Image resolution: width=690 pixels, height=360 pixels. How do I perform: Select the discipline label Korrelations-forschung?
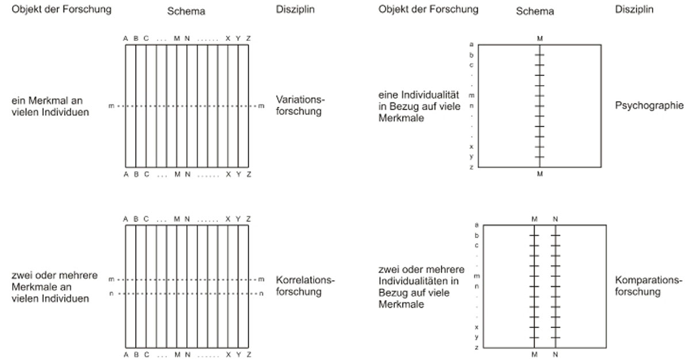305,286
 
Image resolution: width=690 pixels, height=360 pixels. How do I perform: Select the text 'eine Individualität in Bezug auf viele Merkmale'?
419,105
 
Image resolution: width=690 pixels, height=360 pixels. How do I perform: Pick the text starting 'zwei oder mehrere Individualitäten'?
419,286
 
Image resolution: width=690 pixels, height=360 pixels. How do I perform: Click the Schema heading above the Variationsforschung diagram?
187,11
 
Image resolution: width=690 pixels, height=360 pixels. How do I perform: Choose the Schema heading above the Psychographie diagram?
535,11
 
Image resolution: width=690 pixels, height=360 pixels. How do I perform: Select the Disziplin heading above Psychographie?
634,10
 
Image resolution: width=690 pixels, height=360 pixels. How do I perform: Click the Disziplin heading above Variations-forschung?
295,10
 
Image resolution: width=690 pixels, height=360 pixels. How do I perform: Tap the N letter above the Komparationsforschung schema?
555,219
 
